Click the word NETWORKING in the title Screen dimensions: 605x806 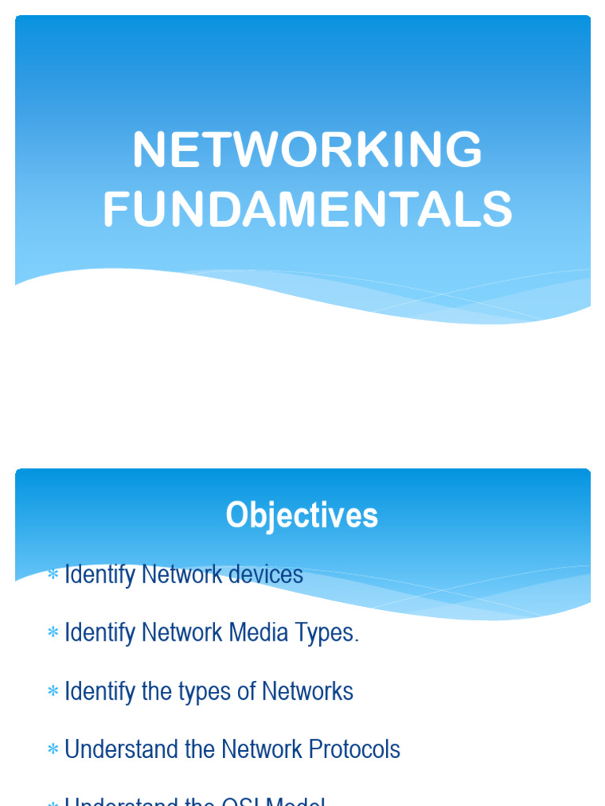307,150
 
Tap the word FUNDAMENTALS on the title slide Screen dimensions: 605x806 307,211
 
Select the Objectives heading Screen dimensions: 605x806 302,516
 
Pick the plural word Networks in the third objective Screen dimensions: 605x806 307,691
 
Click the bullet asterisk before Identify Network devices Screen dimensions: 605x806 53,575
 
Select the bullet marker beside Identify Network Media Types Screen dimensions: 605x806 53,634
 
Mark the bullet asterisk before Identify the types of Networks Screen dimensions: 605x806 53,692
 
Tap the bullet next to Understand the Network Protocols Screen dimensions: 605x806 53,750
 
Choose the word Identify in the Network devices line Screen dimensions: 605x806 99,575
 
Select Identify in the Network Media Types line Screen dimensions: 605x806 99,633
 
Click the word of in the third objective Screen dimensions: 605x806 247,691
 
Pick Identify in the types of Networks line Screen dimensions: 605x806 99,691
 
